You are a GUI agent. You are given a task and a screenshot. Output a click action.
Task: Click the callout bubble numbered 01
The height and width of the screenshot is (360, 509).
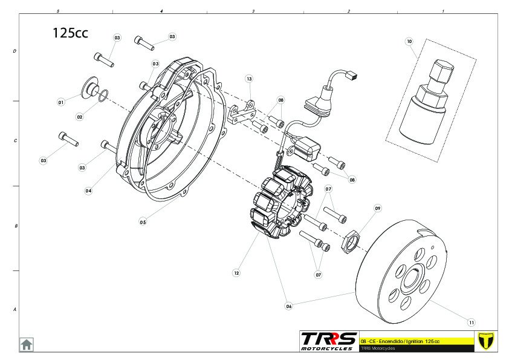(60, 103)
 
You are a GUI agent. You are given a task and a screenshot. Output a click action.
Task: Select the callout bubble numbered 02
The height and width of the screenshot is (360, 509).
(80, 117)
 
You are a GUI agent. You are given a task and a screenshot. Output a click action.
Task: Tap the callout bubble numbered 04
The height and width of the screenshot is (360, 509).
(88, 191)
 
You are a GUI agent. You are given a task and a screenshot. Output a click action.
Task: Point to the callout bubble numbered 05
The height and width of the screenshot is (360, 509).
(143, 222)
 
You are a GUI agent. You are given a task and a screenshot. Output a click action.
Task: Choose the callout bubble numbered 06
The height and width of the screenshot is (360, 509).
(288, 306)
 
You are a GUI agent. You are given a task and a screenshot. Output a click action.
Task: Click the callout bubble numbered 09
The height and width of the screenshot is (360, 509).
(378, 208)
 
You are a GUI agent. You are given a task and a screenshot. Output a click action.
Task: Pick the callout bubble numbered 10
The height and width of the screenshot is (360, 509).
(409, 42)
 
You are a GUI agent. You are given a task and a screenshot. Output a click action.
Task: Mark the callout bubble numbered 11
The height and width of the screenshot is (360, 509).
(472, 321)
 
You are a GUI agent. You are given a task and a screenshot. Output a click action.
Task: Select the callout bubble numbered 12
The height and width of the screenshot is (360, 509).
(236, 273)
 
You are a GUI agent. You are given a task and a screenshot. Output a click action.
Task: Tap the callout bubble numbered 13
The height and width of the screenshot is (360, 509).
(249, 79)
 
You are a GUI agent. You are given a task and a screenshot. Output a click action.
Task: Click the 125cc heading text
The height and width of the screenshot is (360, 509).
(70, 33)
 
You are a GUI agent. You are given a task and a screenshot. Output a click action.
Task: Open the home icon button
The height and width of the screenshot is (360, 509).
(27, 344)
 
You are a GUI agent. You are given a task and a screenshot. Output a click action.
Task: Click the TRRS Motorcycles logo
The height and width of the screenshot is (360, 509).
(328, 341)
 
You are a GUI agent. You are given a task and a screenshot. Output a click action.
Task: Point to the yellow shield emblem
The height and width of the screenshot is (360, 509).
(485, 341)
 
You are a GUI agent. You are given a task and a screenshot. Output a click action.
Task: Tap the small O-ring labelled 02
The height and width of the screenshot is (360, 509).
(103, 94)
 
